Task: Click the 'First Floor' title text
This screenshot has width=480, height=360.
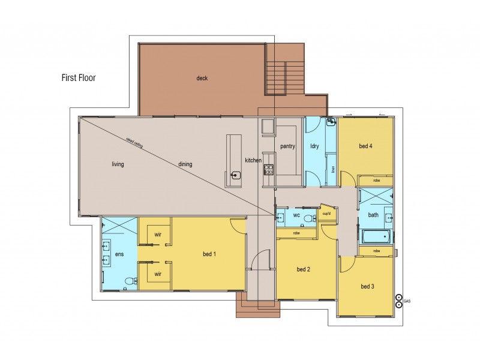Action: tap(78, 77)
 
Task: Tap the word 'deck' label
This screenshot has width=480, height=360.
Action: tap(202, 78)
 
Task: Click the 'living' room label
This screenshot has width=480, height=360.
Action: tap(118, 164)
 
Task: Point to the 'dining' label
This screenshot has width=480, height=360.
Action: tap(185, 164)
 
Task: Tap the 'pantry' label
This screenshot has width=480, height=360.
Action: tap(288, 146)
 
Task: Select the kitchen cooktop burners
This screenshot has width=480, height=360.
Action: tap(269, 169)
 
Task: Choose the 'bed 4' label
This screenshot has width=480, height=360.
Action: tap(366, 146)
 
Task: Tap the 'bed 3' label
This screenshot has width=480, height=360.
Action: tap(368, 287)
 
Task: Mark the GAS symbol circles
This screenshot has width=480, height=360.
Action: tap(398, 301)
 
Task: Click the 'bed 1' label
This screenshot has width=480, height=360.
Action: tap(209, 254)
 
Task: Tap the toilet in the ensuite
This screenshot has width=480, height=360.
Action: tap(128, 281)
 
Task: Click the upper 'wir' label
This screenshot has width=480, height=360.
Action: tap(158, 235)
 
